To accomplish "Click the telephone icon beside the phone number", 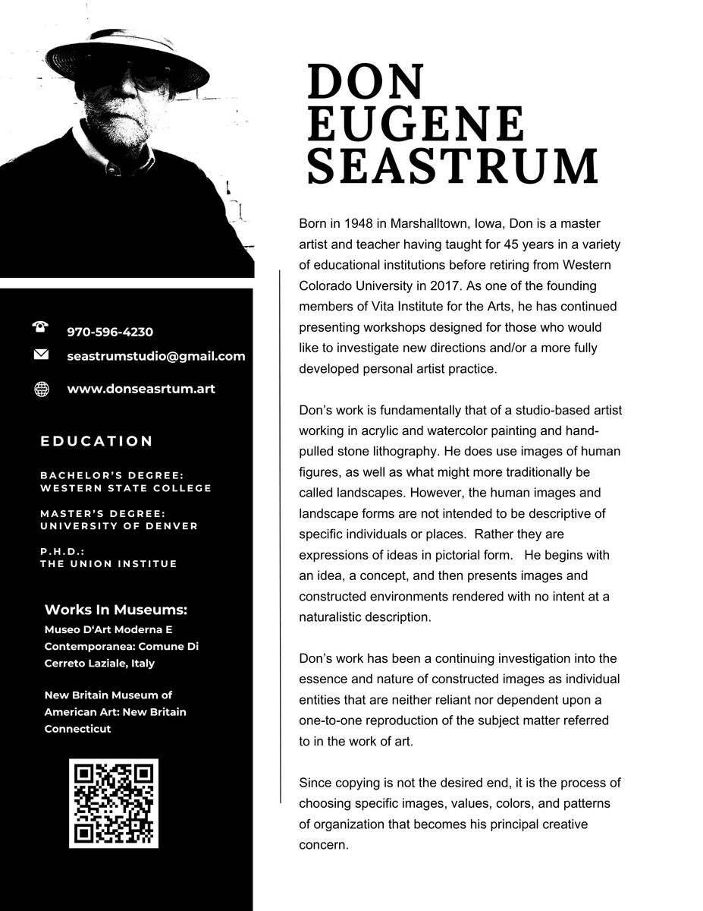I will click(x=41, y=327).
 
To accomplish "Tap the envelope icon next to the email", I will click(x=41, y=355).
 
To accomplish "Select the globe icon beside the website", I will click(x=42, y=389).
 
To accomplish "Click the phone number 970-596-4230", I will click(x=110, y=332).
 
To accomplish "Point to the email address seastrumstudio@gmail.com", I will click(x=156, y=355).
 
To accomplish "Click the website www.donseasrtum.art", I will click(x=141, y=389).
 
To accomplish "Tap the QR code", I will click(x=114, y=803).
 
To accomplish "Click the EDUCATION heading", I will click(x=97, y=441).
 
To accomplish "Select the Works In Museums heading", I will click(x=116, y=610).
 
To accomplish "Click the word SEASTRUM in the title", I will click(x=453, y=166).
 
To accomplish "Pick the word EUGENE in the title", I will click(x=416, y=124).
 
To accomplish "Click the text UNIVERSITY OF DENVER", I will click(x=119, y=525).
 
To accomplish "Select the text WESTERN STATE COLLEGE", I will click(x=126, y=487).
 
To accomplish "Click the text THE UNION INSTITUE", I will click(x=108, y=563).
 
